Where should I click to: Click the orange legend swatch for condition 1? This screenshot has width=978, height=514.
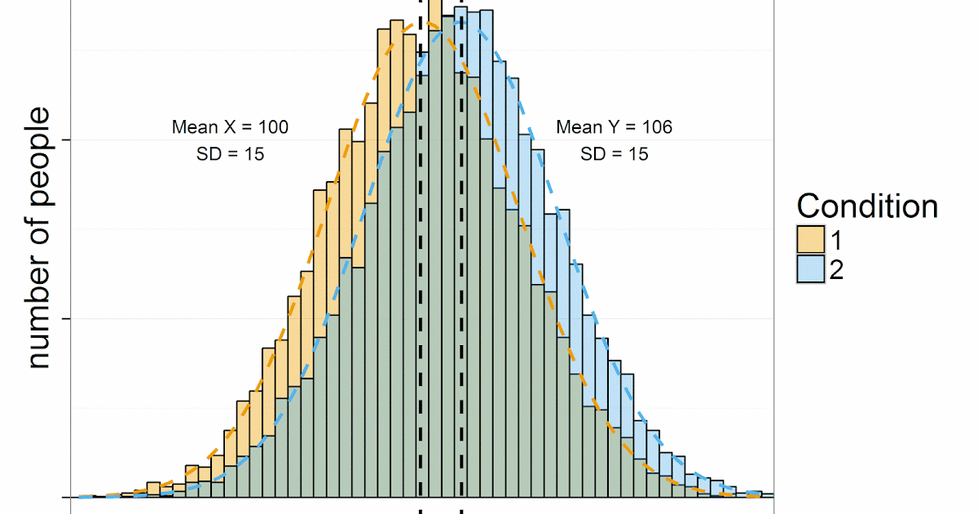click(811, 241)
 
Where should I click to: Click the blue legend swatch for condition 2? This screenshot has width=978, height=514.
click(811, 269)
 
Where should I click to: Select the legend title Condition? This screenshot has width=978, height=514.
click(867, 206)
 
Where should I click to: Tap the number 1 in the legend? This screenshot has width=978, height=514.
click(836, 241)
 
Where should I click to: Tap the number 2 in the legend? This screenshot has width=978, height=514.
click(836, 269)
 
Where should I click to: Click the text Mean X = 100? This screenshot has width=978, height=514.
click(230, 127)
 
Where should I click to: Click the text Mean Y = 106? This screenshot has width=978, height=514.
click(614, 127)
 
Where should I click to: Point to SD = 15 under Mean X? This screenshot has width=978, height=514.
click(230, 153)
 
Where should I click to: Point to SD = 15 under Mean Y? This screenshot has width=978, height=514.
click(614, 153)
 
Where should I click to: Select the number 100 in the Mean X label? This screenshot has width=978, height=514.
click(273, 127)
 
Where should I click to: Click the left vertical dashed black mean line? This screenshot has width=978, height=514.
click(420, 245)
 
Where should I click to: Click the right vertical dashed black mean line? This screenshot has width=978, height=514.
click(462, 245)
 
